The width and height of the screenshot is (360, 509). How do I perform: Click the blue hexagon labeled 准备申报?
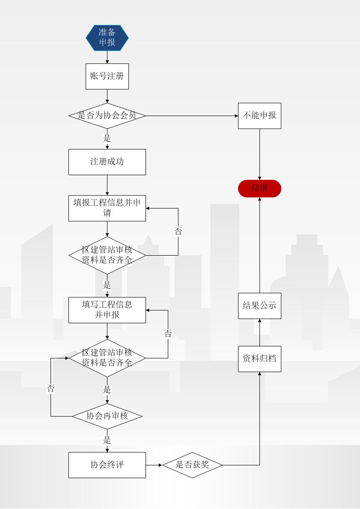coord(107,37)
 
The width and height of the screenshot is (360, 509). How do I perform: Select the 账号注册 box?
coord(107,76)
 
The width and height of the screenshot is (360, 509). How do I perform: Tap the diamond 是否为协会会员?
coord(107,116)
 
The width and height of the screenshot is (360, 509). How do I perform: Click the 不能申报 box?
coord(259,116)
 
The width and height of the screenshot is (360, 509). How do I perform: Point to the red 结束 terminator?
coord(259,189)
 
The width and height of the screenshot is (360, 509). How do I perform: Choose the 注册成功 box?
coord(107,162)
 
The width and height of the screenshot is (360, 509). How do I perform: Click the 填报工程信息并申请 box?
coord(107,208)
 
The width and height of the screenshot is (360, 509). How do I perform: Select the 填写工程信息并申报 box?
coord(107,310)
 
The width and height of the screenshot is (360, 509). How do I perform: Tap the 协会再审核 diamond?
coord(107,416)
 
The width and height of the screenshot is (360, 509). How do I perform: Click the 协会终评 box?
coord(107,465)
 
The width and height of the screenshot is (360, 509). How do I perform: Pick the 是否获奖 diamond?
coord(192,465)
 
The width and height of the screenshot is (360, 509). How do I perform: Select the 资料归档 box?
coord(259,359)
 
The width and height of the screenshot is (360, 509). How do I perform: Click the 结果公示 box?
coord(259,305)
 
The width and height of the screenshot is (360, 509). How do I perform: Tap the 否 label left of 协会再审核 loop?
coord(51,388)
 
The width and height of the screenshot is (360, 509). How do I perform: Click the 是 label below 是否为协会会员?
coord(107,138)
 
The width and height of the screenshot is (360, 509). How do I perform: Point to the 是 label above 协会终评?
coord(107,440)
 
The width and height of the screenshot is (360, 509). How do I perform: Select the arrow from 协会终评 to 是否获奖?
coord(154,465)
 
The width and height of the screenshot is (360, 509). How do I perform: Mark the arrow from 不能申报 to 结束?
coord(259,154)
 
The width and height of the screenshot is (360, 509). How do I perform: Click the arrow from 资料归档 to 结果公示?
coord(259,332)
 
